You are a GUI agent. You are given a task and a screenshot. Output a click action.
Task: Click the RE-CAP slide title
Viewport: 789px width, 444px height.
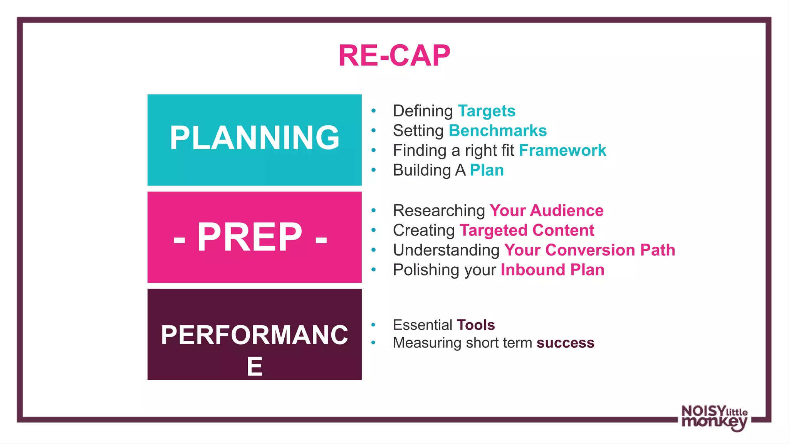pos(394,56)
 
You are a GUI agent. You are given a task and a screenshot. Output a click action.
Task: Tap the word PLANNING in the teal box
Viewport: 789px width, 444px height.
pos(254,138)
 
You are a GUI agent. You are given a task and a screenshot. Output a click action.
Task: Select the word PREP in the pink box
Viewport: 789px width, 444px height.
pos(250,237)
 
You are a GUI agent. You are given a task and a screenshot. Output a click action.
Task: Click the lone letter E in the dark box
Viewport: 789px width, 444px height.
pos(254,367)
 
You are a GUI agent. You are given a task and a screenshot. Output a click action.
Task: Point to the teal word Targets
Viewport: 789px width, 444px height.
pos(486,111)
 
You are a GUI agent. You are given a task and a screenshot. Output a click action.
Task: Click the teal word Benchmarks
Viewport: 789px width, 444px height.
pos(497,131)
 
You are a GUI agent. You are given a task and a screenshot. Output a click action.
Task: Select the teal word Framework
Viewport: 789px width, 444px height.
pos(562,150)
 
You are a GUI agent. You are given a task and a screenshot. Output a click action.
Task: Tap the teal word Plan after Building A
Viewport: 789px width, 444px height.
pos(487,170)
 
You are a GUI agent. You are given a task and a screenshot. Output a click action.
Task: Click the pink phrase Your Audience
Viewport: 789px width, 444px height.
pos(546,210)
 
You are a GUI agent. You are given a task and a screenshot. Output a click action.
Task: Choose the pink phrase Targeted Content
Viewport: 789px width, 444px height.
pos(527,230)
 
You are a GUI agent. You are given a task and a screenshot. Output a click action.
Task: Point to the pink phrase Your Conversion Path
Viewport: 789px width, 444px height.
pos(589,250)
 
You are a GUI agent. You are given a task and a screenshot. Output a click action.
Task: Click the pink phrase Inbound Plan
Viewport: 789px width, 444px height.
pos(552,270)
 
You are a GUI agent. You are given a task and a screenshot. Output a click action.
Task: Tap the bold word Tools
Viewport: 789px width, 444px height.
pos(475,325)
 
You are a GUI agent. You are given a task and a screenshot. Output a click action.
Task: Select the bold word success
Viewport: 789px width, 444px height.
pos(565,343)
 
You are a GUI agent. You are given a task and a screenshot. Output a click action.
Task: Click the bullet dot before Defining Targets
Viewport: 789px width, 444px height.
pos(373,111)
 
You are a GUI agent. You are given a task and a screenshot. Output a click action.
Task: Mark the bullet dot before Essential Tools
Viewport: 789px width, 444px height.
pos(373,325)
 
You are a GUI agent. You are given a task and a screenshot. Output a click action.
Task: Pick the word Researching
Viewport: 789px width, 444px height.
pos(439,211)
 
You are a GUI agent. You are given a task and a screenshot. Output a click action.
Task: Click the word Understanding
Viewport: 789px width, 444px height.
pos(446,250)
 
